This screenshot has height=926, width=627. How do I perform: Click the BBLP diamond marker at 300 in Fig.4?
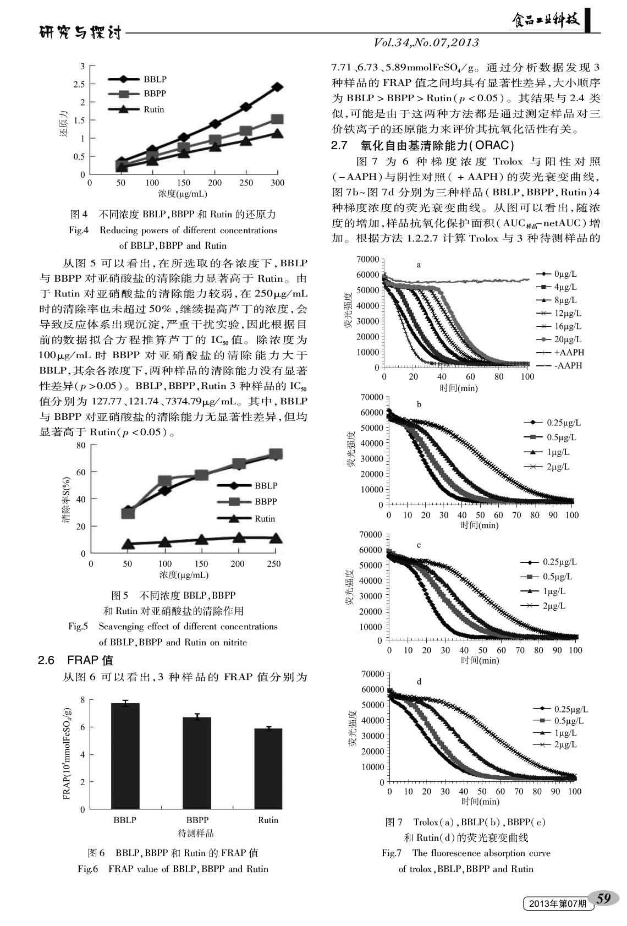277,87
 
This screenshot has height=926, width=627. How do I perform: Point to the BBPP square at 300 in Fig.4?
277,119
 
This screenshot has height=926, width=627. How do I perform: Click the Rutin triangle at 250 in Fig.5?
274,538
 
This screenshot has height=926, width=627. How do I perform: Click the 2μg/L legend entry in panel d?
557,744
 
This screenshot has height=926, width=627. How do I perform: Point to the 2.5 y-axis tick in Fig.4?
80,84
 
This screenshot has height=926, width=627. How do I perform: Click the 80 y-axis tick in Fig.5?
81,445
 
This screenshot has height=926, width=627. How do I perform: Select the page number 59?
603,898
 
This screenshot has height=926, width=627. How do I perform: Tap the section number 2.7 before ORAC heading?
339,145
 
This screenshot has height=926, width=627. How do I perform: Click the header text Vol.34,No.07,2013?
426,42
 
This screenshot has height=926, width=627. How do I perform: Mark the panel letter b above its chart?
419,404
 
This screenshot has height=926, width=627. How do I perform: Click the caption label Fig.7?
392,853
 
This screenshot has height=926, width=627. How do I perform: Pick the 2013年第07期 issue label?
557,903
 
